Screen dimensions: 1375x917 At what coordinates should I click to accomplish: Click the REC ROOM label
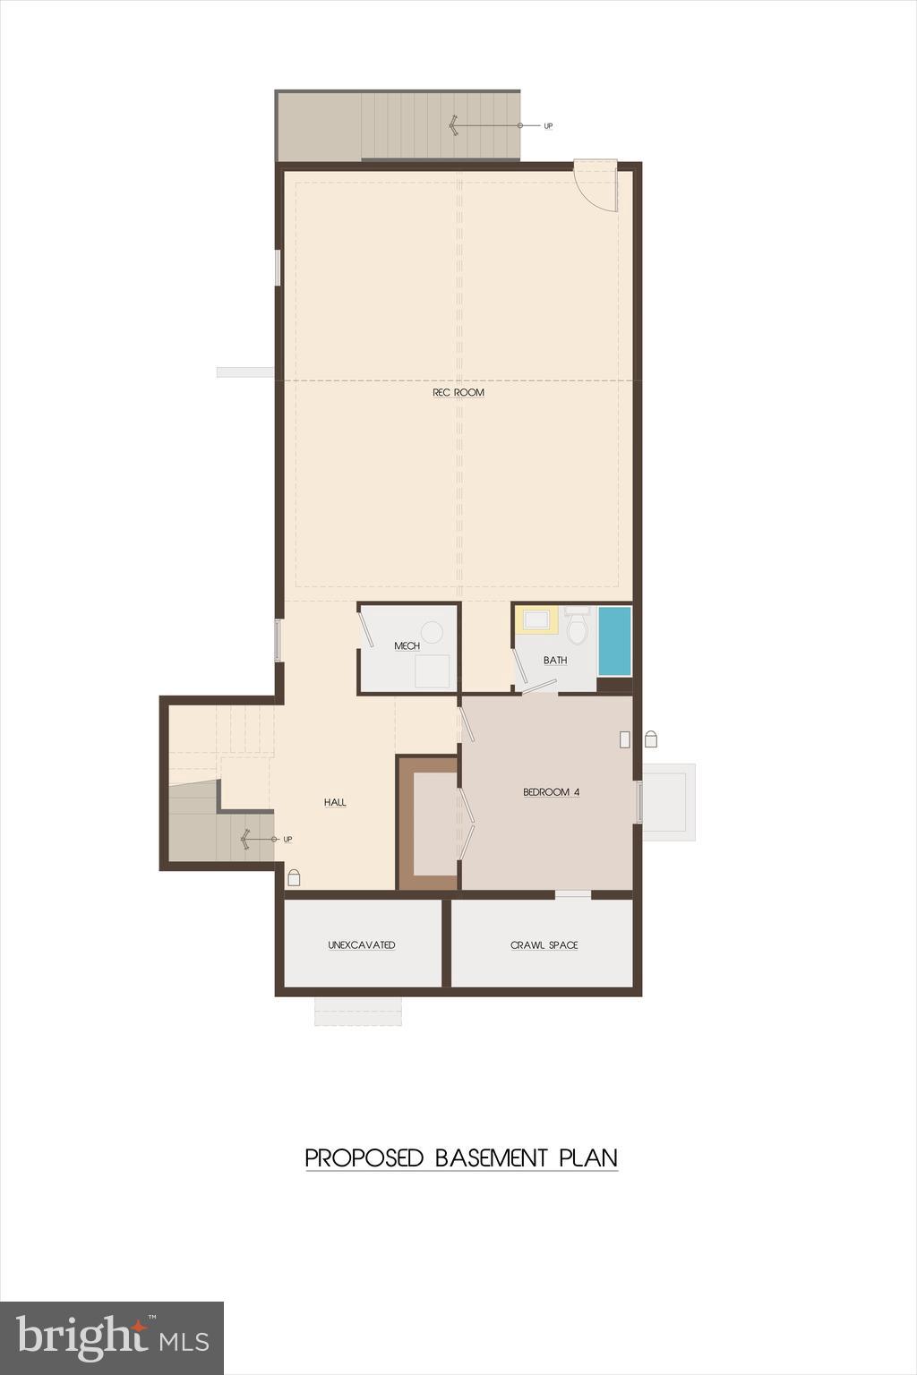(458, 392)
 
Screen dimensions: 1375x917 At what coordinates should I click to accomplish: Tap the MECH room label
(407, 645)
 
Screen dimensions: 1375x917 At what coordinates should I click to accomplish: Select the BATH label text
(555, 660)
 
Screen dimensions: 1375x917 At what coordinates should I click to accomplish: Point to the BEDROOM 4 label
(551, 792)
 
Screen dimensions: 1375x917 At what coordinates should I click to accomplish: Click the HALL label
(335, 802)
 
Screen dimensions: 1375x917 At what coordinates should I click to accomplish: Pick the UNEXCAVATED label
(362, 944)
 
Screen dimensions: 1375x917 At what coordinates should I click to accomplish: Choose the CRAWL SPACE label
(544, 944)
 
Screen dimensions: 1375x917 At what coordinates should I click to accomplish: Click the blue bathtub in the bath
(614, 641)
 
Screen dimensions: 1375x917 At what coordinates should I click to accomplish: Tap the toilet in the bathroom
(578, 628)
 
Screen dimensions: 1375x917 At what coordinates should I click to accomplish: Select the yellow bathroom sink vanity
(537, 619)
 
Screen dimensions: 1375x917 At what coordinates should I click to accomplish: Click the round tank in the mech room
(433, 632)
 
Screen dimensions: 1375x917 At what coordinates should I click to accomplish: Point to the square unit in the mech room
(433, 671)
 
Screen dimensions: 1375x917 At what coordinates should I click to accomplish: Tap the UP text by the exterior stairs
(548, 126)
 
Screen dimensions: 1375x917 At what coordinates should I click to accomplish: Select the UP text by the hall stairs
(287, 839)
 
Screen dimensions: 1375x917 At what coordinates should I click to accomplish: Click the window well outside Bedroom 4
(668, 801)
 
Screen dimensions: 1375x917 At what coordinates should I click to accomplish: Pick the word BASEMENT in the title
(491, 1157)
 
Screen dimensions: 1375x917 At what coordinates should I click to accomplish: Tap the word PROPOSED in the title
(364, 1157)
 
